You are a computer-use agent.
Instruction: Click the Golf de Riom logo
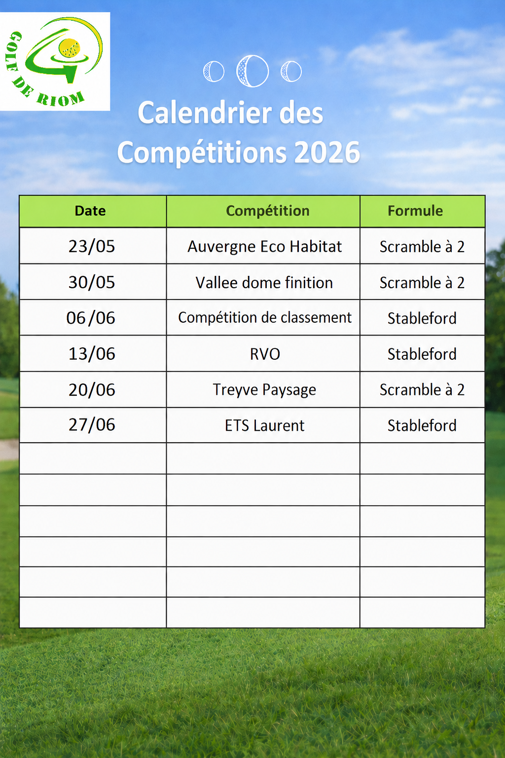tap(55, 62)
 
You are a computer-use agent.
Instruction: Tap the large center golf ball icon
tap(252, 71)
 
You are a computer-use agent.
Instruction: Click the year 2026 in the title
tap(327, 152)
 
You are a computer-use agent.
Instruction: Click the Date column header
tap(90, 211)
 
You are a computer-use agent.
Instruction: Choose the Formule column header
tap(415, 211)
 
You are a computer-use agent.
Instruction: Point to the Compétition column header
tap(268, 211)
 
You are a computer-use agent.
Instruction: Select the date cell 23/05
tap(92, 246)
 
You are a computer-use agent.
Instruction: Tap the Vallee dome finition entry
tap(264, 283)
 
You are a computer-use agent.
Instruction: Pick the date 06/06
tap(91, 318)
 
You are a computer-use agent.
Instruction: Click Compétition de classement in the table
tap(265, 318)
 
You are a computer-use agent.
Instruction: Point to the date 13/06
tap(92, 354)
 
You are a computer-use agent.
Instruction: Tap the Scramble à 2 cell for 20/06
tap(422, 390)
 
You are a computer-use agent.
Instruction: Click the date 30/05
tap(92, 282)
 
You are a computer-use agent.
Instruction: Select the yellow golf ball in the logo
tap(70, 47)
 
